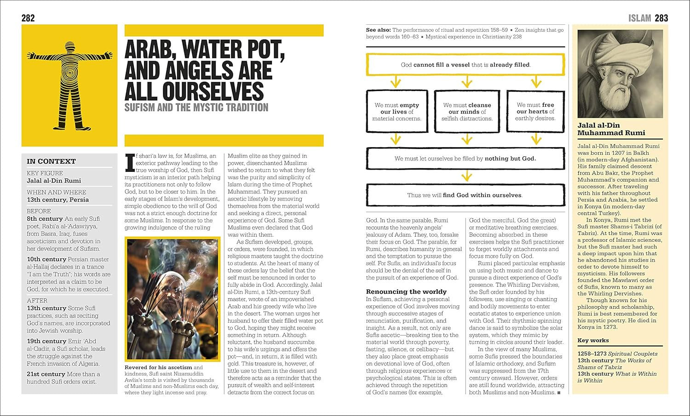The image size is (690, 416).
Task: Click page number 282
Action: [28, 18]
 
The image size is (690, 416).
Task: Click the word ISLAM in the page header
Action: [640, 18]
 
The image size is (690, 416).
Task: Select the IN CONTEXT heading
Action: [51, 161]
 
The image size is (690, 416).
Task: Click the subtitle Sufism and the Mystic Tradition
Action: [196, 108]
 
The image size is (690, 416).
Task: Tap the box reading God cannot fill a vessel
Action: [465, 65]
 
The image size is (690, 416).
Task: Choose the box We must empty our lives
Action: [397, 112]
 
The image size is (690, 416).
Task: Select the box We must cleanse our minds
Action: [467, 112]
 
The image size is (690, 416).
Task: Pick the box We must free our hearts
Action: [535, 112]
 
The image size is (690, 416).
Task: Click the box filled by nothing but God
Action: [465, 159]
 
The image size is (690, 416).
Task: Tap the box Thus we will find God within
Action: [465, 195]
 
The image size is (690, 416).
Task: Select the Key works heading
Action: [593, 341]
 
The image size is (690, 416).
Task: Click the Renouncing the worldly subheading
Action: [406, 291]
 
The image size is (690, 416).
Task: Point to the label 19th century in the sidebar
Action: [46, 341]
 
